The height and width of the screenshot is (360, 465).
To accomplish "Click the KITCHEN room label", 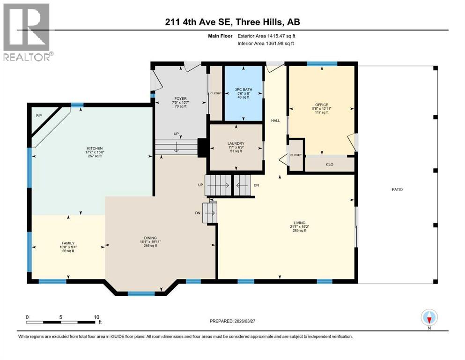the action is point(95,149).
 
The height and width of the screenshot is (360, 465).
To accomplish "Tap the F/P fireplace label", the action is point(39,115).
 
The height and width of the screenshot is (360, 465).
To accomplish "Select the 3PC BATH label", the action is point(244,90).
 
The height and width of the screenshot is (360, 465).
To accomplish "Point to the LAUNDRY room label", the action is point(236,143).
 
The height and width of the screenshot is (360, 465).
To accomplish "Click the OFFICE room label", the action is point(322,105).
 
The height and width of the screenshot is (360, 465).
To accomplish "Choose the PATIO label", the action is point(398,189).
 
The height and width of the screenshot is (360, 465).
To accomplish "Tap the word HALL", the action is point(275,120).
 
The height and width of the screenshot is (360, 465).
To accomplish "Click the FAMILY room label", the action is point(68,243).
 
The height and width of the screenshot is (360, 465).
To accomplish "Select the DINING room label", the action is point(150,238).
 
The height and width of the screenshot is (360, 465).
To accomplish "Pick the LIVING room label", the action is point(300,223).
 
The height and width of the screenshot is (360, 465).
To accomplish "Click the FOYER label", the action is point(181,98).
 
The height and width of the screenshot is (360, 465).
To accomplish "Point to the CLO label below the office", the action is point(330,165).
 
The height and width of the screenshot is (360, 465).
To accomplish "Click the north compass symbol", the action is point(429,318).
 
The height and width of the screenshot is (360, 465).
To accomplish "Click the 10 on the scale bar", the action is point(96,317).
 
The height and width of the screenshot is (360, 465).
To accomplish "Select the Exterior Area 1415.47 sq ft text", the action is point(266,36).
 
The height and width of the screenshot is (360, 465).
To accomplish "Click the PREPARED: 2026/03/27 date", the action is point(232,321).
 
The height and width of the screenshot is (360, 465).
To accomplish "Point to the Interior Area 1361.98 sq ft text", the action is point(266,43).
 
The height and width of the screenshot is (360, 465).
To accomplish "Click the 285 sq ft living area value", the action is point(300,230).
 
